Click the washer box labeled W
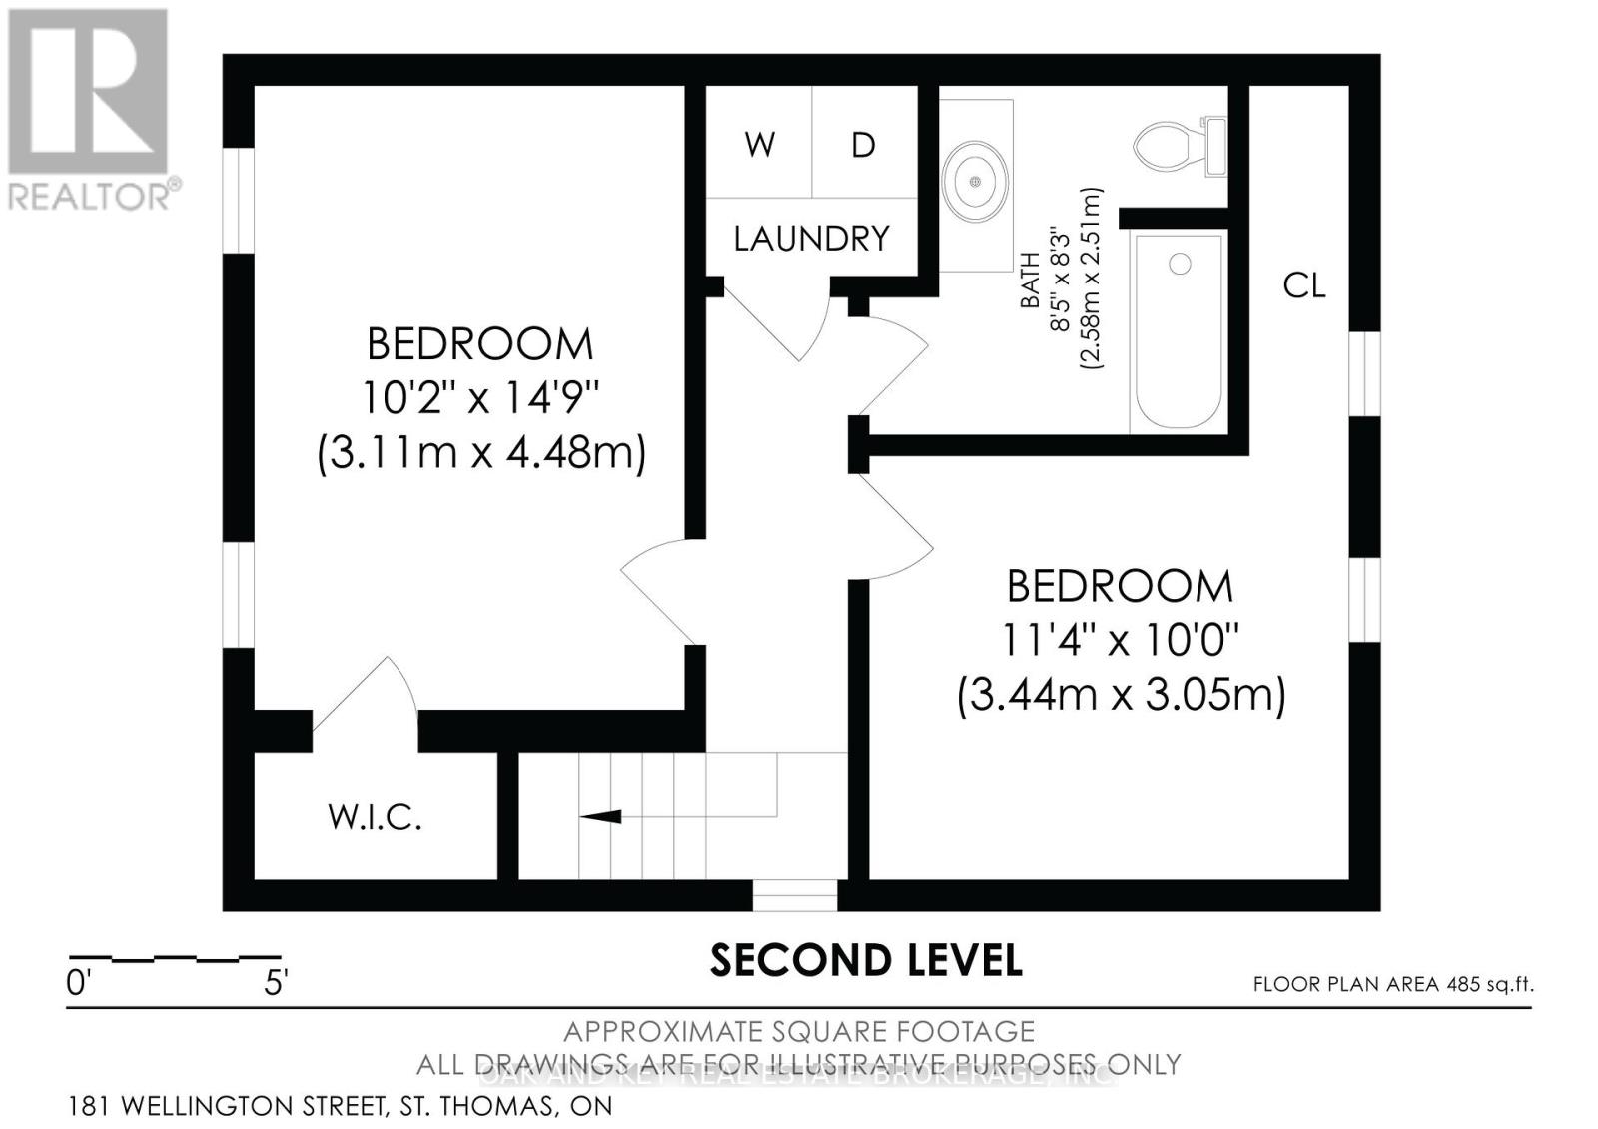click(x=759, y=144)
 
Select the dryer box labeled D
click(x=864, y=144)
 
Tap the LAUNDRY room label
click(x=811, y=239)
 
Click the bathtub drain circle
click(x=1181, y=264)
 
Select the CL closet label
click(x=1304, y=286)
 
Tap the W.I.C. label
click(x=375, y=818)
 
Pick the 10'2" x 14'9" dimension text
click(x=479, y=398)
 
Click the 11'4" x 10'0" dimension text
click(x=1120, y=639)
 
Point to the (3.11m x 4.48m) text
click(x=481, y=453)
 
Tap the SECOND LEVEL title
click(x=866, y=960)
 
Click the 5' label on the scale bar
click(x=276, y=983)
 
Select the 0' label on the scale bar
click(x=78, y=983)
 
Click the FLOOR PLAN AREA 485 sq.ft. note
click(x=1392, y=984)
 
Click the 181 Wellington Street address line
click(x=340, y=1106)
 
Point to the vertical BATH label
click(x=1029, y=280)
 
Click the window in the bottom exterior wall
click(x=794, y=895)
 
